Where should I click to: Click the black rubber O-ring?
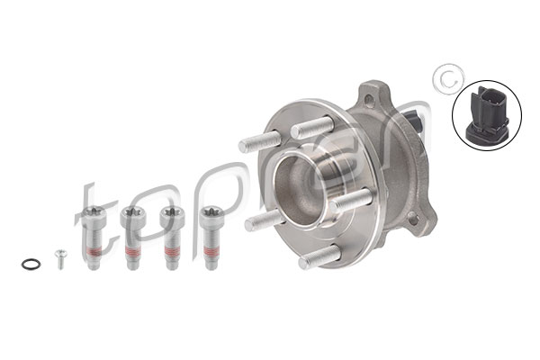click(31, 265)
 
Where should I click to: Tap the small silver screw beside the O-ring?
click(60, 259)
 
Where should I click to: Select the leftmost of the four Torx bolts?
click(93, 238)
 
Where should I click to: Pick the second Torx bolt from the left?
click(132, 238)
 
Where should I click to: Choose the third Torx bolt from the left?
click(172, 238)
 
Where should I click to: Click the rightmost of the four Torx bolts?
click(211, 238)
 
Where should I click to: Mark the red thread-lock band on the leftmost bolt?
click(93, 252)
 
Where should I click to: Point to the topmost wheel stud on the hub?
click(312, 128)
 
